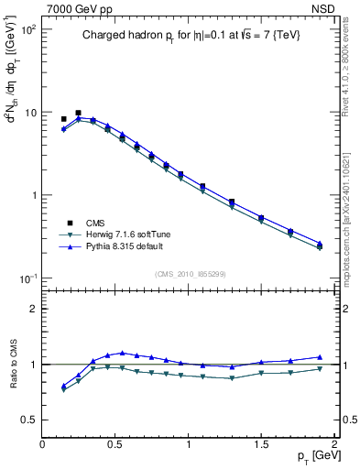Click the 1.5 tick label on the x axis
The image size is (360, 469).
[261, 443]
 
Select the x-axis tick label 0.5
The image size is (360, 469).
[115, 443]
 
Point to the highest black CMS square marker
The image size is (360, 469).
[78, 113]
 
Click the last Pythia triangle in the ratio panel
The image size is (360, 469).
[320, 357]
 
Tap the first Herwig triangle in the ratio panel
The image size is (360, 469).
[63, 390]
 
